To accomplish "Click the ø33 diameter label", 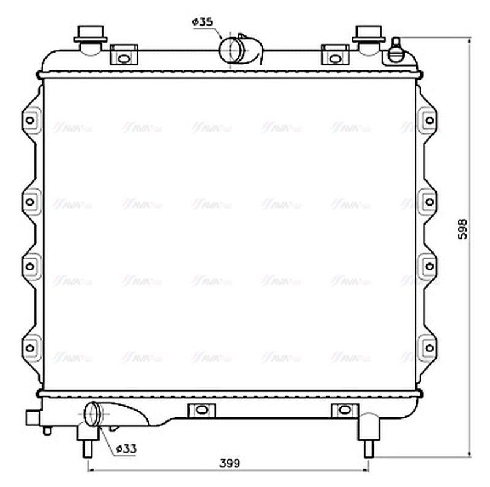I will tap(125, 448).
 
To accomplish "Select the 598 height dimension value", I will tap(464, 228).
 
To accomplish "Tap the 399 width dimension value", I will tap(230, 463).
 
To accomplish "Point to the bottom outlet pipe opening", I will tap(92, 414).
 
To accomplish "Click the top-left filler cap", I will tap(91, 37).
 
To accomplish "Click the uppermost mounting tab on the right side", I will tap(429, 119).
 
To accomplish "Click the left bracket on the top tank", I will tap(124, 56).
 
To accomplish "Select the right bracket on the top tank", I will tap(334, 56).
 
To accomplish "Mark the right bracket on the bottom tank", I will tap(342, 409).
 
